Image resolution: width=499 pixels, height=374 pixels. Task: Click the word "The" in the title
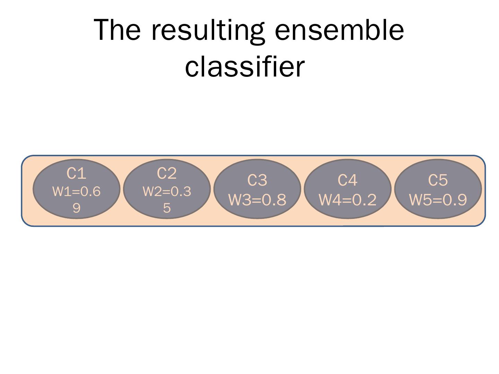117,30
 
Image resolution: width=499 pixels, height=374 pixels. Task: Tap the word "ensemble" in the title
339,30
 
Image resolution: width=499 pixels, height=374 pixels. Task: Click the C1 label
76,173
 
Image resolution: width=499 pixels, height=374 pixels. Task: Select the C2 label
167,173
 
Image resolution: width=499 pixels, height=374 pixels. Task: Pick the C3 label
257,180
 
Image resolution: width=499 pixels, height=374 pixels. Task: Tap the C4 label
347,180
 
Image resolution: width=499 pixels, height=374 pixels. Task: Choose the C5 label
438,180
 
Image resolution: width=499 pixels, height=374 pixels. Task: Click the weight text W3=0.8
257,200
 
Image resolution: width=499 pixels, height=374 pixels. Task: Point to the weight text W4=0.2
347,200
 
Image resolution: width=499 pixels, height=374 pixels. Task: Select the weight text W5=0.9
438,200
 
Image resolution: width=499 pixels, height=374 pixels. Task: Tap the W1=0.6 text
76,192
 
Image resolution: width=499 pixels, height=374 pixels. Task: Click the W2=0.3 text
167,192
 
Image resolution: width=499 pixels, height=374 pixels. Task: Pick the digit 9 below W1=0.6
76,208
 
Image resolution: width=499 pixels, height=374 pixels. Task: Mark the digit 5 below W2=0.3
167,208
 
